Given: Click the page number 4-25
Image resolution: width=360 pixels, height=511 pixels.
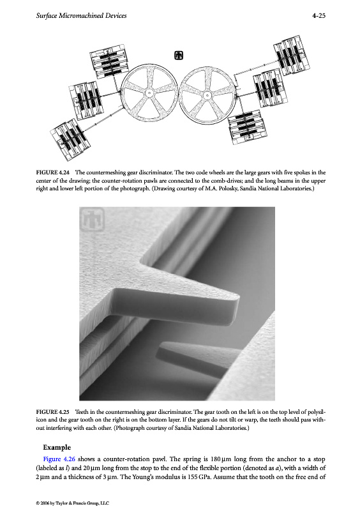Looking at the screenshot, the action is click(x=319, y=15).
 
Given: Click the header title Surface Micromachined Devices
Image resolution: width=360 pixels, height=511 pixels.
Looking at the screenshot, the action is click(x=81, y=15).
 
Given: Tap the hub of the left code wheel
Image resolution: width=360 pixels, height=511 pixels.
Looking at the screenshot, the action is click(x=149, y=93).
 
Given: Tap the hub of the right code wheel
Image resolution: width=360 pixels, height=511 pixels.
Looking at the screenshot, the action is click(x=207, y=95).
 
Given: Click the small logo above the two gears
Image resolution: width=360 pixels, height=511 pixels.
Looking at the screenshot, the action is click(x=179, y=56).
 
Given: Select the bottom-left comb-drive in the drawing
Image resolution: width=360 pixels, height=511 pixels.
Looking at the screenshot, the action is click(x=70, y=139).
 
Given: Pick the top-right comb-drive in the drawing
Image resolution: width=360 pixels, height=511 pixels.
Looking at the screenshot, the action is click(x=292, y=55).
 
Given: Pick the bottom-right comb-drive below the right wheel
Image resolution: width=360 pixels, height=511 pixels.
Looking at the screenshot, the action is click(x=247, y=127).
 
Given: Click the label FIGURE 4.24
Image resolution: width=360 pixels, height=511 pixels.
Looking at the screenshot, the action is click(x=53, y=172).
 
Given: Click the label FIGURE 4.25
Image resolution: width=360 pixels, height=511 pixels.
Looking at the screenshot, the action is click(x=53, y=412).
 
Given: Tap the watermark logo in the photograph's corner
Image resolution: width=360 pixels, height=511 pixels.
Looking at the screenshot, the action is click(x=92, y=219).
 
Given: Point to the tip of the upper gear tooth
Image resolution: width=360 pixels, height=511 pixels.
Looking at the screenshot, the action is click(x=237, y=297).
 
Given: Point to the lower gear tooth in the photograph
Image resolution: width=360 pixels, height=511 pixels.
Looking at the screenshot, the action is click(x=192, y=358).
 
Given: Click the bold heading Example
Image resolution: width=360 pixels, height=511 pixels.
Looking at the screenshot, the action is click(x=57, y=447).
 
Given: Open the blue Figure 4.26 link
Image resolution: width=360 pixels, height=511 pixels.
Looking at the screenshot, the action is click(x=59, y=459).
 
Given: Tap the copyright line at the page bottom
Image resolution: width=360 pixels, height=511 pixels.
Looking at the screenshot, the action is click(x=73, y=503).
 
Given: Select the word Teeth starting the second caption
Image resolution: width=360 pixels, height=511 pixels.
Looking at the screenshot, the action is click(x=82, y=412).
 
